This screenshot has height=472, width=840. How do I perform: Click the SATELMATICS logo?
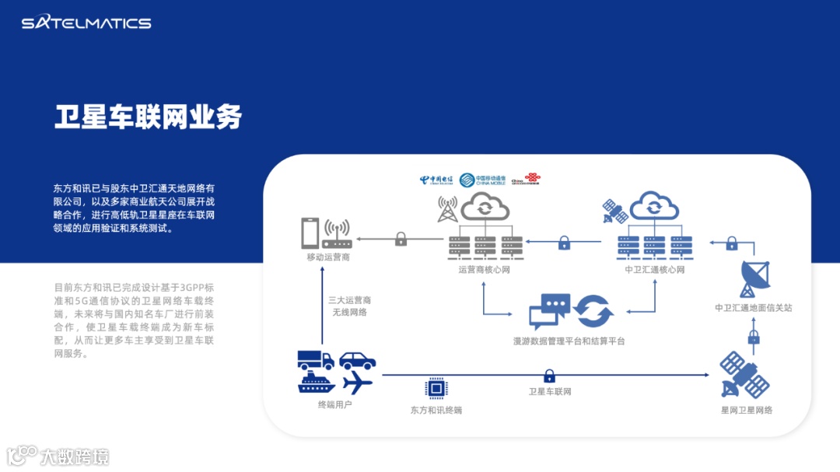(x=86, y=23)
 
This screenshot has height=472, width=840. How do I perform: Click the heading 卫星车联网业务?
(x=148, y=117)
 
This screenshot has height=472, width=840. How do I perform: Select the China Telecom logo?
(x=436, y=180)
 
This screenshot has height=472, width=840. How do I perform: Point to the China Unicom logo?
(x=526, y=180)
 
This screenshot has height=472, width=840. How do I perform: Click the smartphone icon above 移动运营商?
(x=310, y=233)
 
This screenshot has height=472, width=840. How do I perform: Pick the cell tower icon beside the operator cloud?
(x=448, y=208)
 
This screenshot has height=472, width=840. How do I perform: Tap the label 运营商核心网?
(x=484, y=271)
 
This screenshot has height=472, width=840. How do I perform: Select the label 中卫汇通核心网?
(x=655, y=271)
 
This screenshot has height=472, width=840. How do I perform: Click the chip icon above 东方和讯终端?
(x=436, y=388)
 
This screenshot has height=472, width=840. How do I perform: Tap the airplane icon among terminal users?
(x=357, y=382)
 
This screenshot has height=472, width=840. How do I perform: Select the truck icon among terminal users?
(x=316, y=359)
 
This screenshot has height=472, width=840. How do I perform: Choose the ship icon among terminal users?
(x=316, y=382)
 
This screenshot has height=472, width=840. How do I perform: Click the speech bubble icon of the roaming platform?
(x=549, y=311)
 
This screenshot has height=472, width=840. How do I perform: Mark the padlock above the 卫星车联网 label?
(x=549, y=376)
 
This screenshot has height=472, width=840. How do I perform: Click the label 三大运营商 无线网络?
(x=348, y=306)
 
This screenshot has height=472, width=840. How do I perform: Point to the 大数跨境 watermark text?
(x=75, y=456)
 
